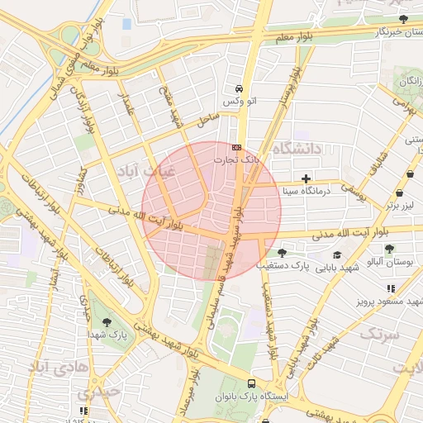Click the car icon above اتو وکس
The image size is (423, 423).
(239, 88)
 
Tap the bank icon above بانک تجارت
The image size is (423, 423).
(238, 147)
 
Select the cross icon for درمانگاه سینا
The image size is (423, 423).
(307, 178)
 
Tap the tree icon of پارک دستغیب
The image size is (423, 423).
(283, 253)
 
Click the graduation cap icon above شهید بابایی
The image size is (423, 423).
(337, 255)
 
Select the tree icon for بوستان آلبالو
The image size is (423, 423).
(390, 248)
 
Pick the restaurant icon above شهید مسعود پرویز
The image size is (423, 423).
(391, 288)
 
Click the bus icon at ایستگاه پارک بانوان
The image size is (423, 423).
(251, 383)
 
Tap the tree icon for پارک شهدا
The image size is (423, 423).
(105, 322)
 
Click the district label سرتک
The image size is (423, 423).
(379, 334)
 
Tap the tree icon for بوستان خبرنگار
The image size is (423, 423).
(403, 18)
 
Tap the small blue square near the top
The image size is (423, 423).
(126, 23)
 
